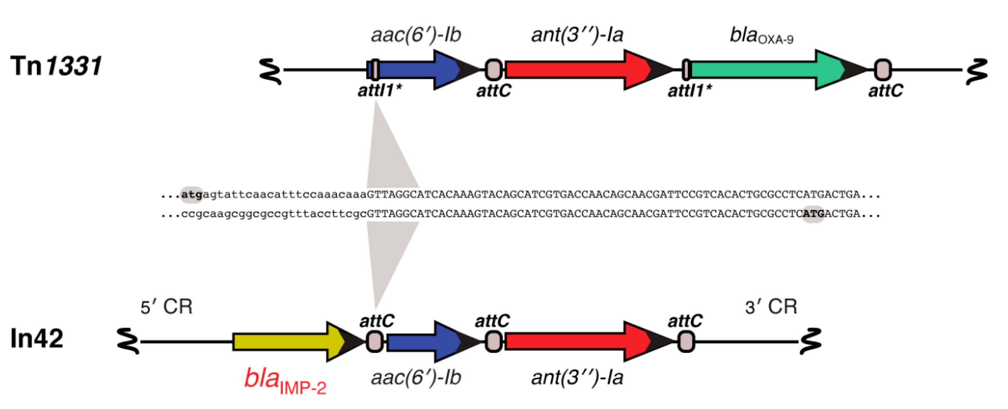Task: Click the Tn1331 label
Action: (x=56, y=66)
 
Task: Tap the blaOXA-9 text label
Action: (x=761, y=36)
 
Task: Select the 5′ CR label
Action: (x=166, y=307)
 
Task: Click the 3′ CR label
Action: (x=771, y=307)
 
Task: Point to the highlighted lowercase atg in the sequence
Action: (x=191, y=195)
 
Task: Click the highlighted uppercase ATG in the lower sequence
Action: (x=813, y=214)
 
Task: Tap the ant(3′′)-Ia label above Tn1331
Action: (x=577, y=35)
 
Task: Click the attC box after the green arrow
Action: (x=883, y=70)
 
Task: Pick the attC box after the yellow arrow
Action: (x=374, y=342)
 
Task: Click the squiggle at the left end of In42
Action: (x=128, y=341)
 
